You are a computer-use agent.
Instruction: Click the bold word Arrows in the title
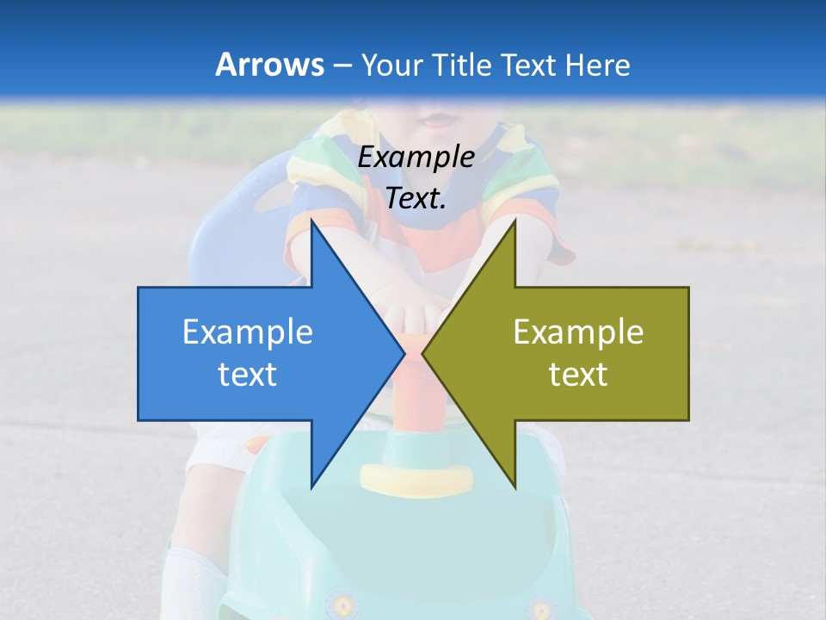(269, 65)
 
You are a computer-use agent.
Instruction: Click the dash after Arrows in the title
(342, 65)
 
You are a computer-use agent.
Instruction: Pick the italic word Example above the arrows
(416, 158)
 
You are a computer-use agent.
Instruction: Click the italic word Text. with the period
(416, 199)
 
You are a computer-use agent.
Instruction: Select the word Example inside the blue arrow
(248, 332)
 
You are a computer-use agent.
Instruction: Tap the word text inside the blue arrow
(248, 374)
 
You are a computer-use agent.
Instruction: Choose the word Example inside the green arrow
(578, 332)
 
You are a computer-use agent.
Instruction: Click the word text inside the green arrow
(578, 374)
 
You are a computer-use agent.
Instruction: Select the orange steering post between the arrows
(415, 387)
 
